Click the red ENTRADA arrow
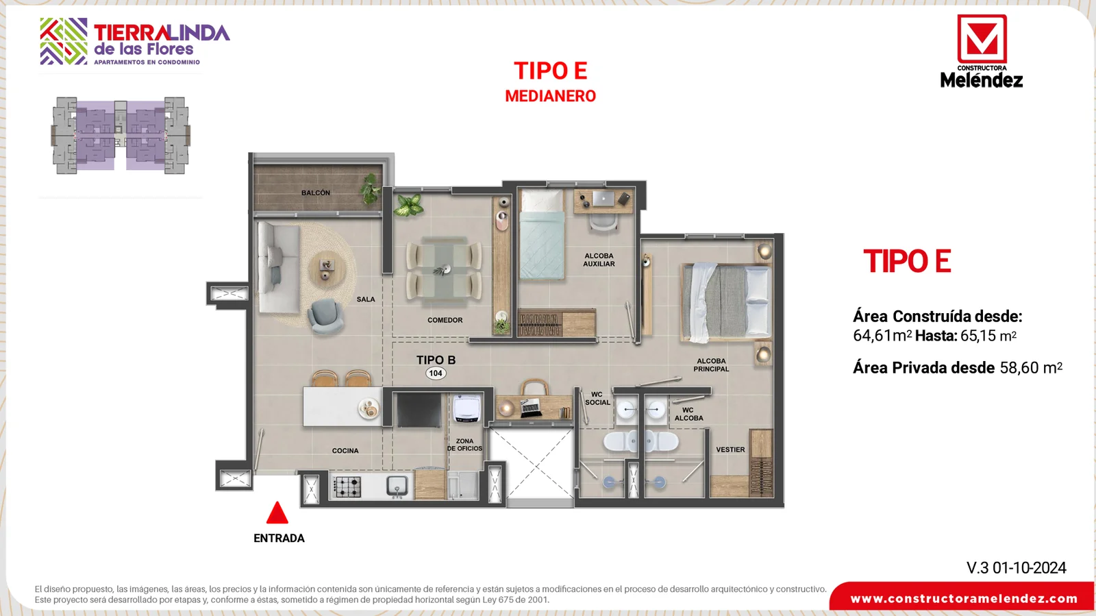277,513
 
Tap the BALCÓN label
316,193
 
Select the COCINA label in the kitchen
345,451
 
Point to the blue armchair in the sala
325,316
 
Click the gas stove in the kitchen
347,486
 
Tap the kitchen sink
397,486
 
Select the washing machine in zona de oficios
466,408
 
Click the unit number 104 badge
436,373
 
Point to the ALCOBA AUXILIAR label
599,260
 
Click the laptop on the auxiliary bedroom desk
603,198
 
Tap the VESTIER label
730,449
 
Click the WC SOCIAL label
597,398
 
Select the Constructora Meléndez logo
982,51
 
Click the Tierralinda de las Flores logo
134,42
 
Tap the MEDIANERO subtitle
551,96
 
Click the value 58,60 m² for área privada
1031,367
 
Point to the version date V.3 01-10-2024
1017,567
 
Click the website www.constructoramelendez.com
964,599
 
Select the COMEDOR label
445,320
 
